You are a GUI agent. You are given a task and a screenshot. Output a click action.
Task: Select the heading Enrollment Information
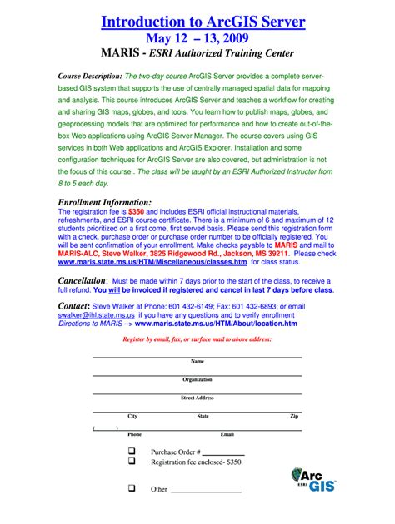pyautogui.click(x=103, y=202)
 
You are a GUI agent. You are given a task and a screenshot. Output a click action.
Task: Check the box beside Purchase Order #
pyautogui.click(x=131, y=451)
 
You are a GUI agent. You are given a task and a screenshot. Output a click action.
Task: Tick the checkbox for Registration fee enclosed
pyautogui.click(x=131, y=461)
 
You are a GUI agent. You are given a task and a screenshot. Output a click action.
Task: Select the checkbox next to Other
pyautogui.click(x=131, y=488)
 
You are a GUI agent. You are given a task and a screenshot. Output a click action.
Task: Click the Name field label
pyautogui.click(x=197, y=361)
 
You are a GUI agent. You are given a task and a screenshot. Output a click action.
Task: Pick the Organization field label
pyautogui.click(x=197, y=379)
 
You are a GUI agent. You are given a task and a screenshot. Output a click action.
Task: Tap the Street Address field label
pyautogui.click(x=197, y=398)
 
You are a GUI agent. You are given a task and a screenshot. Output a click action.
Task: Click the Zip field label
pyautogui.click(x=294, y=416)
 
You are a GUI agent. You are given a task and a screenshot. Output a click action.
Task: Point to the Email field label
pyautogui.click(x=227, y=434)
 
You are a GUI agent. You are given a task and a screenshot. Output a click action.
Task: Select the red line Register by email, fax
pyautogui.click(x=197, y=340)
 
